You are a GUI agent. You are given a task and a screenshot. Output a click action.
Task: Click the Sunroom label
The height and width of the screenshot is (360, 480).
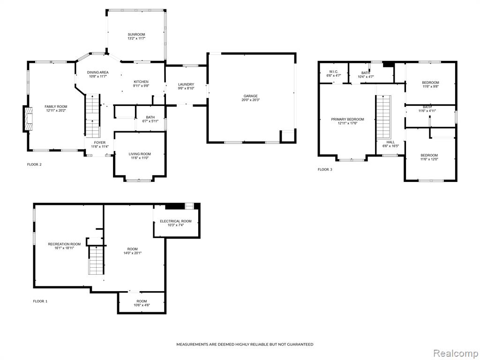pos(136,35)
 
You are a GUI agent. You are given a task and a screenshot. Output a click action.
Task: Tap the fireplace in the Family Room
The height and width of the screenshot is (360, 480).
pos(27,119)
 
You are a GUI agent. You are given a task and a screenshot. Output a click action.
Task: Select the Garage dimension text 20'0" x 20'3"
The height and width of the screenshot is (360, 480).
pos(250,100)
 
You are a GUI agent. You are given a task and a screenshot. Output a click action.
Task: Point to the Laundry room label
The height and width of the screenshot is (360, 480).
pos(186,84)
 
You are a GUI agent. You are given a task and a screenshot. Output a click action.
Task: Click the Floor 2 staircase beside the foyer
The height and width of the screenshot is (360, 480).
pos(92,116)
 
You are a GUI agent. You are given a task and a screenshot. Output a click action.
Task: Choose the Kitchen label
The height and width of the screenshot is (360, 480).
pos(141,82)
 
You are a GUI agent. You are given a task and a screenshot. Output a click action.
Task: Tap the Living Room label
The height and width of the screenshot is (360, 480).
pos(140,154)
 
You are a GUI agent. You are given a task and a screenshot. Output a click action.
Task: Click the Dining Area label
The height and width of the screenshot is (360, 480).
pos(97,73)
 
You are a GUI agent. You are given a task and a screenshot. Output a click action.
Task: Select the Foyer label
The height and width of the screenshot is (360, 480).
pos(100,142)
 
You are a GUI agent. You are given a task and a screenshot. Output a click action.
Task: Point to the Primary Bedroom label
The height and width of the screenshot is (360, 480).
pos(347,120)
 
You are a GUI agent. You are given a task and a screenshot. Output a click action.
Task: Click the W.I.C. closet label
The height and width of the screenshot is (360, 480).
pos(334,71)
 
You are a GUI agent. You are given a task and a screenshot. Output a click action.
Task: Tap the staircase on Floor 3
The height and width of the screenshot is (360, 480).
pos(383,117)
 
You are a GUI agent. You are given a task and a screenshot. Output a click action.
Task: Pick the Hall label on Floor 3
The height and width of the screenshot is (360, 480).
pos(390,142)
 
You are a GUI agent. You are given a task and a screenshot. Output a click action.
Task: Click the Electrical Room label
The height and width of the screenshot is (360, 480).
pos(176,221)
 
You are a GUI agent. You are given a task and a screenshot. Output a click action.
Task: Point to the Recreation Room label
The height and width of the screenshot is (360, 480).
pos(64,244)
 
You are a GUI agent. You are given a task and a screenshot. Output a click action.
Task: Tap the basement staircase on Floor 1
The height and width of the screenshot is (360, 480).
pos(97,260)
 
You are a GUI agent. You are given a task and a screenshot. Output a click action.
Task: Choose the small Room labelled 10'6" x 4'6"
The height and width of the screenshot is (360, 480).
pos(142,303)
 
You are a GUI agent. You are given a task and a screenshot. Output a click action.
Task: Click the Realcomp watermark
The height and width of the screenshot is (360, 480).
pos(455,353)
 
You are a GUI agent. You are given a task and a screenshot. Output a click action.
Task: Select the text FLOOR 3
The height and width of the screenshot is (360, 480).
pos(325,170)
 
